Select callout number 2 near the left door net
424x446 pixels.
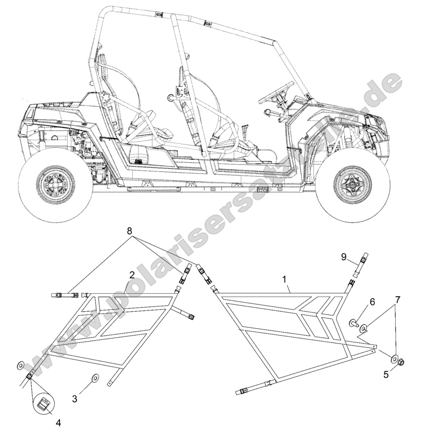click(x=131, y=275)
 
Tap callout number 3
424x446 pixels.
click(x=75, y=399)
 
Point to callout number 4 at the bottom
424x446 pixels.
click(x=58, y=423)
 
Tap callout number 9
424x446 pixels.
click(x=343, y=256)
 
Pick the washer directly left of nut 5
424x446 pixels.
click(x=393, y=360)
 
